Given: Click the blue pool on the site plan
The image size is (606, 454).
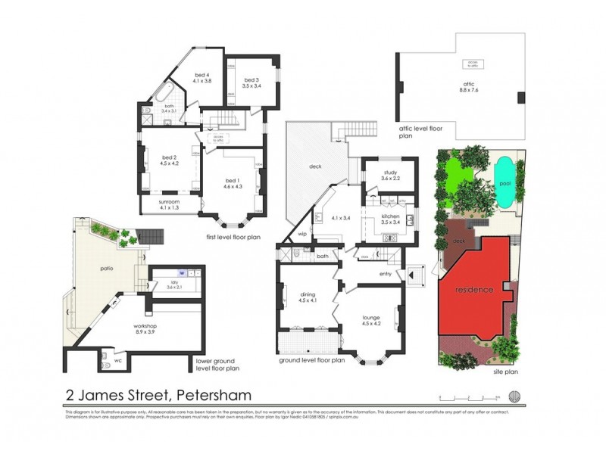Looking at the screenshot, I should click(504, 184).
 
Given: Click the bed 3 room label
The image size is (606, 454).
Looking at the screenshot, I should click(251, 82).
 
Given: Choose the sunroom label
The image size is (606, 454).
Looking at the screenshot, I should click(168, 205).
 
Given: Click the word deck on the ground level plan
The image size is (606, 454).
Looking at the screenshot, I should click(315, 166).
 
